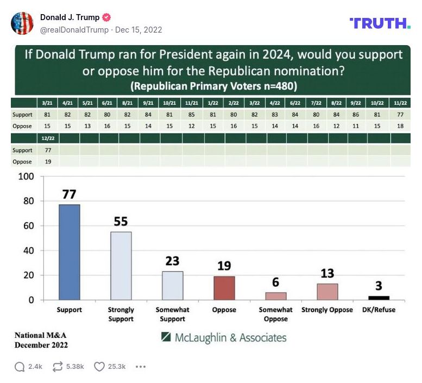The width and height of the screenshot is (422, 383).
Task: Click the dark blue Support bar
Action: (69, 252)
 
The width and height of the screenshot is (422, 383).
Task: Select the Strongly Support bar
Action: (121, 266)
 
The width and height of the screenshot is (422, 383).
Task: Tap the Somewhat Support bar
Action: (172, 285)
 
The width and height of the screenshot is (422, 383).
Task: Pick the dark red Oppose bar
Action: (224, 288)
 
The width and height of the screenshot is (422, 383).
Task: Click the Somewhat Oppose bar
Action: (275, 296)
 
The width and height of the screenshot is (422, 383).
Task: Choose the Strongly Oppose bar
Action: (327, 292)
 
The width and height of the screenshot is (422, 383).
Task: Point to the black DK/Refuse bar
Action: (379, 298)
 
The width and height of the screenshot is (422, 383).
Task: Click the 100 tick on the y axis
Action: (27, 177)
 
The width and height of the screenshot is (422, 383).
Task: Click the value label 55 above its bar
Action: (121, 221)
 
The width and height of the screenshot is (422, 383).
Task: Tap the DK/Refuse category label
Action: (379, 310)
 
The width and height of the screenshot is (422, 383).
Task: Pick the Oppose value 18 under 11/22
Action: (401, 126)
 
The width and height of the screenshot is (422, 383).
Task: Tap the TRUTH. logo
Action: (380, 23)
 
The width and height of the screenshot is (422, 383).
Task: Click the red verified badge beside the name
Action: (106, 17)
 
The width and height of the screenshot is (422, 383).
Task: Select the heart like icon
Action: (99, 367)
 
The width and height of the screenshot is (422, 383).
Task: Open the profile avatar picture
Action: (22, 23)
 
